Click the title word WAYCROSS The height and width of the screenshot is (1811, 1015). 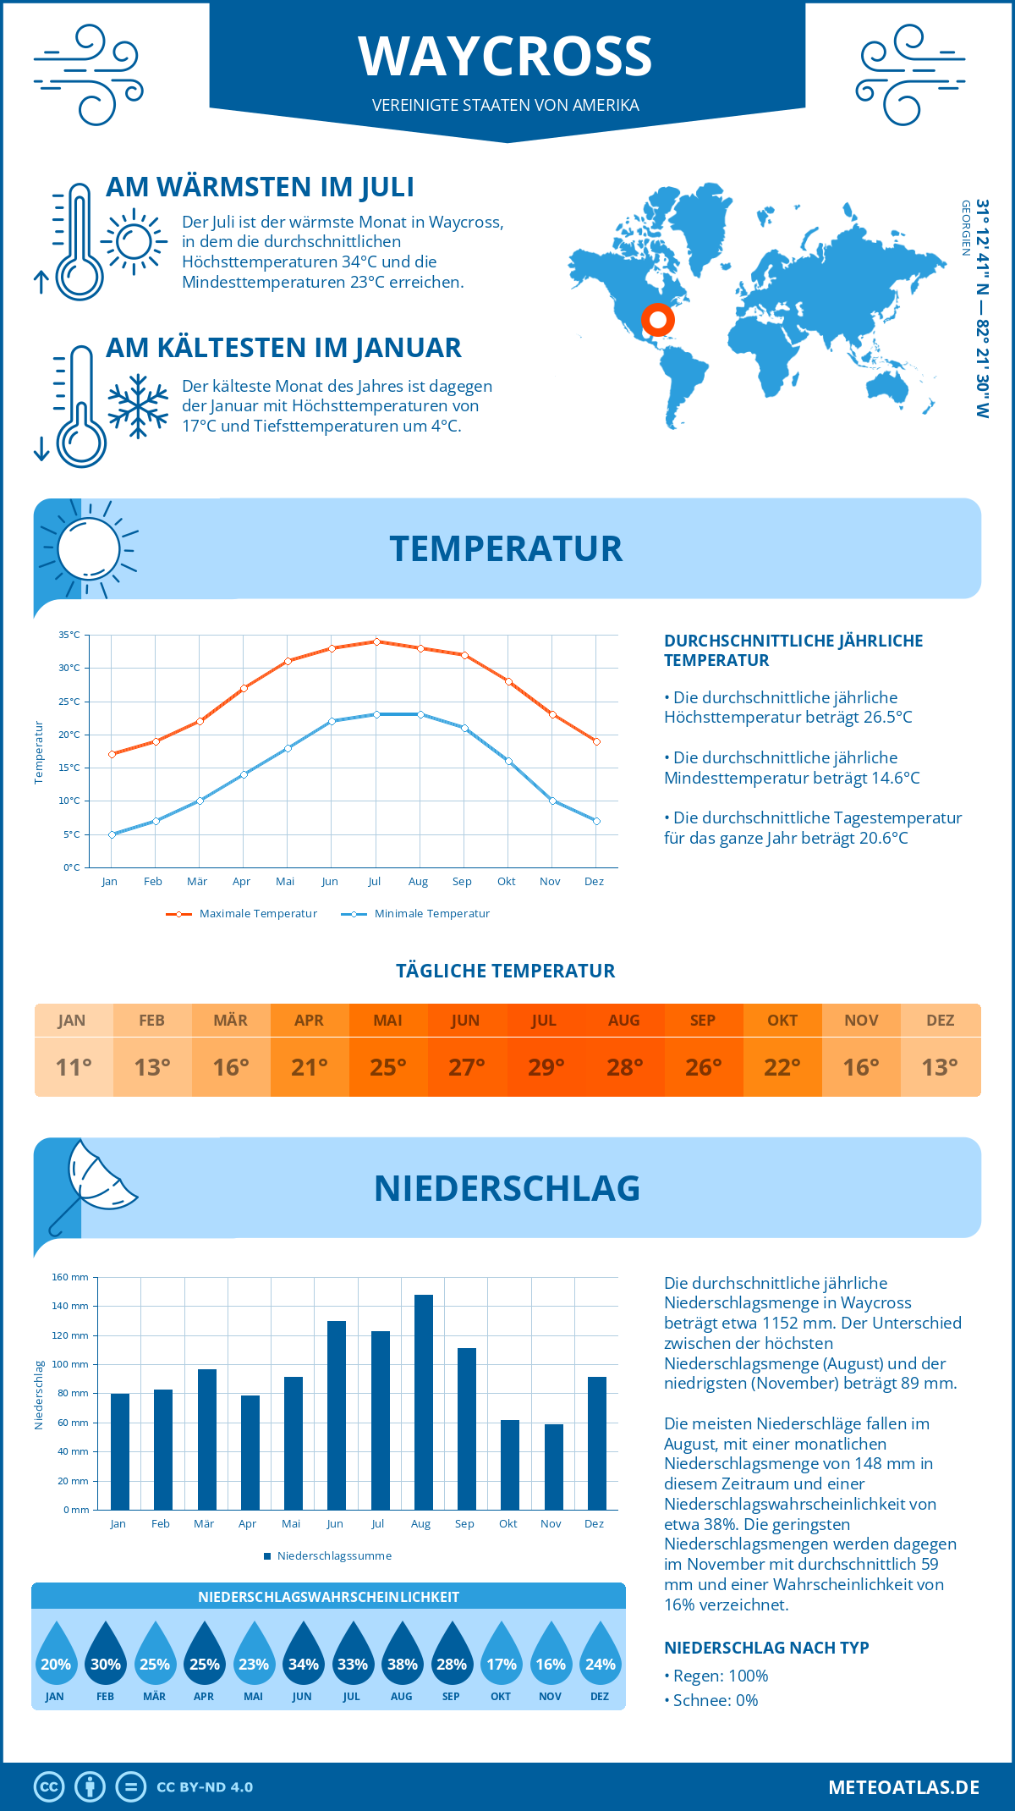tap(505, 57)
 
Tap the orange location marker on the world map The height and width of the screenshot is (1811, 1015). tap(657, 320)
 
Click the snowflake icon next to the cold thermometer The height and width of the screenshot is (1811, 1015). tap(138, 406)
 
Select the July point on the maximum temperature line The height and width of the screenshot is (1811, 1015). tap(376, 641)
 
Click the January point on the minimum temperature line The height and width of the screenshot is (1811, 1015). tap(112, 834)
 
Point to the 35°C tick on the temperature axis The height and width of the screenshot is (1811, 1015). tap(69, 635)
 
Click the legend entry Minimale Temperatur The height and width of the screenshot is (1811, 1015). tap(431, 914)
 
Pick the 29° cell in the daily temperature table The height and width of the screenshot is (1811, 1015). tap(546, 1067)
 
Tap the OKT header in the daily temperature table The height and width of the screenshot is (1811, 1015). tap(782, 1021)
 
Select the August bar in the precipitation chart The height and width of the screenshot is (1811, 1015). tap(423, 1401)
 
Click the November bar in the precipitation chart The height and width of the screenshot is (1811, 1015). tap(553, 1467)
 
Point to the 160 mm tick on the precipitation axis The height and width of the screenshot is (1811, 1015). tap(70, 1277)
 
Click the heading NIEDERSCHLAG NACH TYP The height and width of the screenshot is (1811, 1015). tap(766, 1648)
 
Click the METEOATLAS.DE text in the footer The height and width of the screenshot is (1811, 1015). tap(903, 1787)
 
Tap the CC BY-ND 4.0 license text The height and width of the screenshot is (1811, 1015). tap(205, 1787)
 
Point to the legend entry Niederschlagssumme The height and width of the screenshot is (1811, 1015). tap(333, 1556)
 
